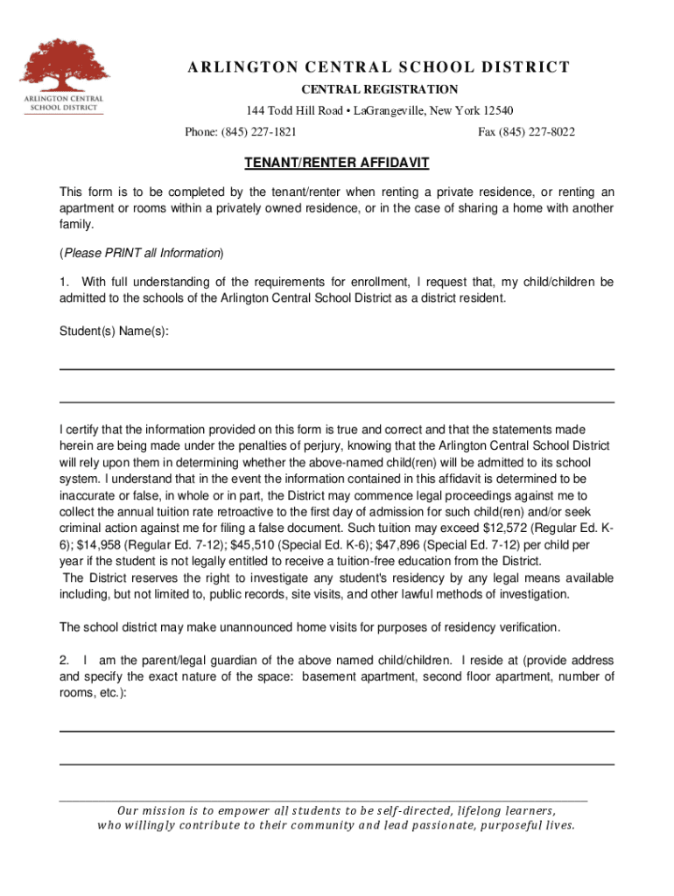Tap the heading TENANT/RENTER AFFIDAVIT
coord(336,164)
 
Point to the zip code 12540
coord(495,110)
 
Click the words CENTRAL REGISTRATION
coord(380,89)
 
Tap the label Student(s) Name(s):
coord(114,332)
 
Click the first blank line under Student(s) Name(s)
coord(336,369)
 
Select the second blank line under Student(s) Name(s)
coord(336,402)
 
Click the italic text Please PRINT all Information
coord(141,253)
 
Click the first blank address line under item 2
coord(336,731)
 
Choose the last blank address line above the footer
coord(336,765)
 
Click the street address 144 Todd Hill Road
coord(293,110)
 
